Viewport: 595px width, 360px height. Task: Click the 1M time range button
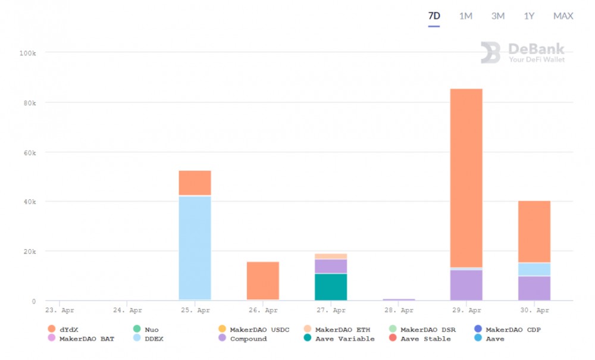pos(465,16)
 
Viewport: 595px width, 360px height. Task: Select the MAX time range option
pos(563,16)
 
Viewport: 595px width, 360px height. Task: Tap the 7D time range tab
pos(434,16)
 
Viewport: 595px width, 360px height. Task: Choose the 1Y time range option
pos(529,16)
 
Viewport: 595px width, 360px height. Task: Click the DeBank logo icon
pos(491,52)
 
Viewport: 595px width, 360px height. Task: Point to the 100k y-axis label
pos(27,53)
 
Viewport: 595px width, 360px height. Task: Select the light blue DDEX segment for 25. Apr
pos(195,248)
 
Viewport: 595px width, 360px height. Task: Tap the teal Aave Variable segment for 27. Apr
pos(331,287)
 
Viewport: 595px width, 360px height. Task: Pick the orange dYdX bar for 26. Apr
pos(263,280)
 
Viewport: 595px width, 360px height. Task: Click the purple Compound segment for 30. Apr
pos(534,288)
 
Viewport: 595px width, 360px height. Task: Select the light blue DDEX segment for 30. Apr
pos(534,270)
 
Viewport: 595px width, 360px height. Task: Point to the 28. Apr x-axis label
pos(399,310)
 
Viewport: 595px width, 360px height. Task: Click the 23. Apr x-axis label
pos(59,310)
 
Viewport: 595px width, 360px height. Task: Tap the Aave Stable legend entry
pos(425,339)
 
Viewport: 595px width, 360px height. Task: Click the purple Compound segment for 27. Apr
pos(331,266)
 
